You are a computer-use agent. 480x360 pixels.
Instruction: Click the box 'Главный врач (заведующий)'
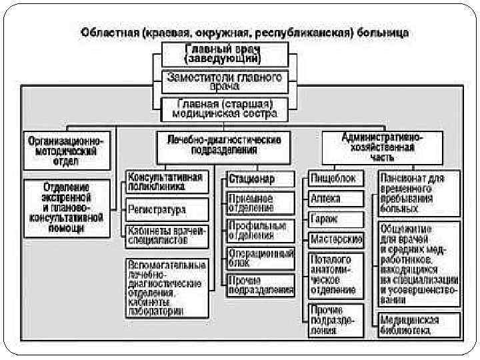click(x=224, y=53)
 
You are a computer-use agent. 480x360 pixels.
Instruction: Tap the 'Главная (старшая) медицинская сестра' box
click(x=224, y=109)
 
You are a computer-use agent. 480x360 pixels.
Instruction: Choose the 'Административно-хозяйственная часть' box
click(x=382, y=146)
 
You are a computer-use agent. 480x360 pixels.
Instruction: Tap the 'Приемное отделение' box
click(x=251, y=203)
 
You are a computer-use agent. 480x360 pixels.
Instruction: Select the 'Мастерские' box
click(x=335, y=239)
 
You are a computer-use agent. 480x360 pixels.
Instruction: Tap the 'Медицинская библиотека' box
click(x=419, y=325)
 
